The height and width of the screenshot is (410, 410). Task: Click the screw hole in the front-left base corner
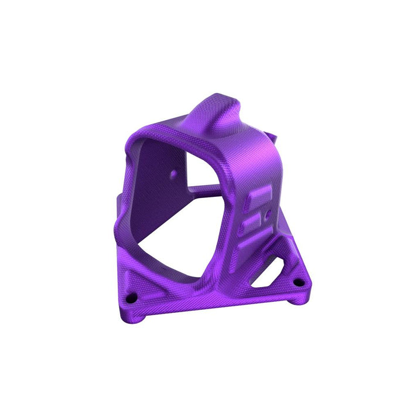point(131,297)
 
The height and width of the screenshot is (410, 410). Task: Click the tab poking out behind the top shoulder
point(272,139)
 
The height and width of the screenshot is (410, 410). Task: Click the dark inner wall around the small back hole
point(158,187)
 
